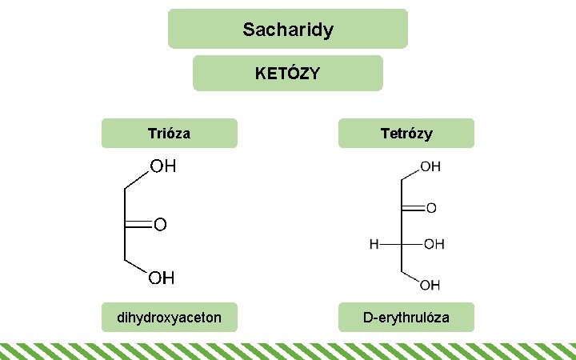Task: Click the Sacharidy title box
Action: point(288,30)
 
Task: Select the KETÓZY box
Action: point(288,74)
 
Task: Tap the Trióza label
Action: point(169,133)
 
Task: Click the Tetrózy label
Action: point(406,133)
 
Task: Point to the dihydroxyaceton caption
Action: point(169,318)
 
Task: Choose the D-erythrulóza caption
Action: point(406,318)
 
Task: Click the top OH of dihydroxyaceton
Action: point(162,167)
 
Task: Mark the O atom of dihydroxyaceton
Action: point(160,226)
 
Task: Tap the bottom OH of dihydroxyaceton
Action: point(161,278)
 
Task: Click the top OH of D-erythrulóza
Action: point(430,167)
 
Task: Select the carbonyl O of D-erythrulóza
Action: point(431,208)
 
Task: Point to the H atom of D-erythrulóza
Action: point(374,244)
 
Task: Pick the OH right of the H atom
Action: point(434,244)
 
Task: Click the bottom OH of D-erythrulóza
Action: point(430,285)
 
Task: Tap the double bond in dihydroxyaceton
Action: point(137,226)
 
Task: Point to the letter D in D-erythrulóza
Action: point(368,318)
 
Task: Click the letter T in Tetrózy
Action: point(383,133)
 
